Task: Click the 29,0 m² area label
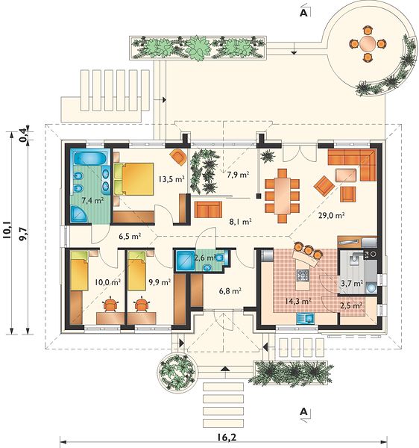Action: [x=331, y=215]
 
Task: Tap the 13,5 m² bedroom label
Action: [x=171, y=179]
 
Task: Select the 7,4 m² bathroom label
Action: [x=92, y=200]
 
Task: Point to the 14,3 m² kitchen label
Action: [x=298, y=301]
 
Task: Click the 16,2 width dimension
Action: [x=227, y=438]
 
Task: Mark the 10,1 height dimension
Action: [x=7, y=229]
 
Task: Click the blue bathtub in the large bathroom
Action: [x=90, y=158]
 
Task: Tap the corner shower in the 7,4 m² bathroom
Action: [x=79, y=214]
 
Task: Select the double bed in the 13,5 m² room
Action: [x=133, y=179]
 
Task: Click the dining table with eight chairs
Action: [x=282, y=196]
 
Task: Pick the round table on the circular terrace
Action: [x=368, y=44]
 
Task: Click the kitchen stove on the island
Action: [x=303, y=276]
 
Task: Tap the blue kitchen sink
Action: [x=305, y=318]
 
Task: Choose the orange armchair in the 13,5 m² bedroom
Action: [x=178, y=157]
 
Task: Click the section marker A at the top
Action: [x=304, y=13]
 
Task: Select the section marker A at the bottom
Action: [x=304, y=412]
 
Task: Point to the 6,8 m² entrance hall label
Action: [x=230, y=291]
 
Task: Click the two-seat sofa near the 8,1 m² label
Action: [x=208, y=210]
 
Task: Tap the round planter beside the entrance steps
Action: [x=177, y=372]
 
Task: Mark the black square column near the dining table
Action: [x=259, y=196]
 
